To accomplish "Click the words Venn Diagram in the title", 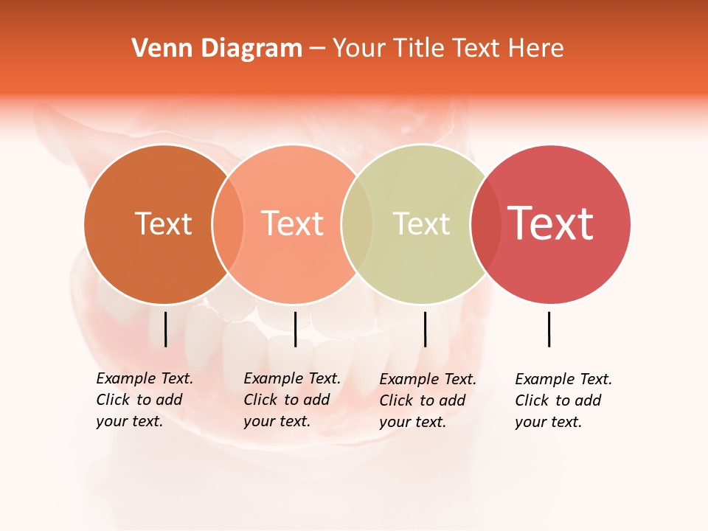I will click(x=217, y=49).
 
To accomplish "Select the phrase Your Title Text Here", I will click(x=448, y=49).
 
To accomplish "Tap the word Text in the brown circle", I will click(x=163, y=223).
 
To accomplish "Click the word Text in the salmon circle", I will click(x=292, y=223).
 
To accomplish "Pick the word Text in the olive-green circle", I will click(x=421, y=223).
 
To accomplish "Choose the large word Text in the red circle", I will click(x=550, y=223).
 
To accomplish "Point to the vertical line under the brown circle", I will click(x=165, y=329).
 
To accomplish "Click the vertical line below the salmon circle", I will click(x=295, y=329).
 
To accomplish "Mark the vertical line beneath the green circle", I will click(x=425, y=329).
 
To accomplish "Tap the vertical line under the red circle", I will click(x=549, y=329).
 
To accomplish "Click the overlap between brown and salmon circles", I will click(x=228, y=223).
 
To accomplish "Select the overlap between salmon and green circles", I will click(x=357, y=223).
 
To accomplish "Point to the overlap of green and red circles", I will click(x=486, y=223).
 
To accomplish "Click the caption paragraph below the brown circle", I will click(x=145, y=400).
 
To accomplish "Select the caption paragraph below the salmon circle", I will click(x=292, y=400).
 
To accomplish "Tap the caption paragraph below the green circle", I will click(x=428, y=400).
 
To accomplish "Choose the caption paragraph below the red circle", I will click(x=563, y=400).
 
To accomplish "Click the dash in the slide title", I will click(x=317, y=49).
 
